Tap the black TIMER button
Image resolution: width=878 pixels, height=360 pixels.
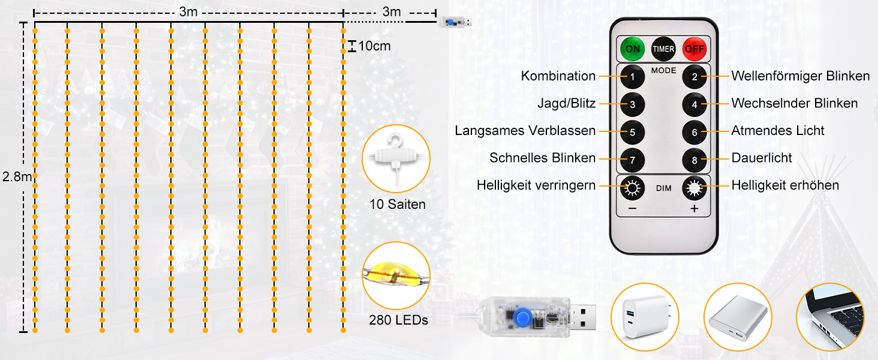pyautogui.click(x=663, y=49)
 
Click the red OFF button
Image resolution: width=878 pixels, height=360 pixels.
pyautogui.click(x=695, y=49)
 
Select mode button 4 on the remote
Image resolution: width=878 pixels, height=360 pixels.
pyautogui.click(x=694, y=104)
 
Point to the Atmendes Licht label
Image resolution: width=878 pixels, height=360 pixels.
pyautogui.click(x=778, y=131)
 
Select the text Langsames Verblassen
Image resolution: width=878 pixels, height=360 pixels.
pyautogui.click(x=525, y=131)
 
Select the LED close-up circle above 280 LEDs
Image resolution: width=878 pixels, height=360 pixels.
pyautogui.click(x=396, y=275)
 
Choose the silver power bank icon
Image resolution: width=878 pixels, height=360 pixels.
pyautogui.click(x=737, y=317)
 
